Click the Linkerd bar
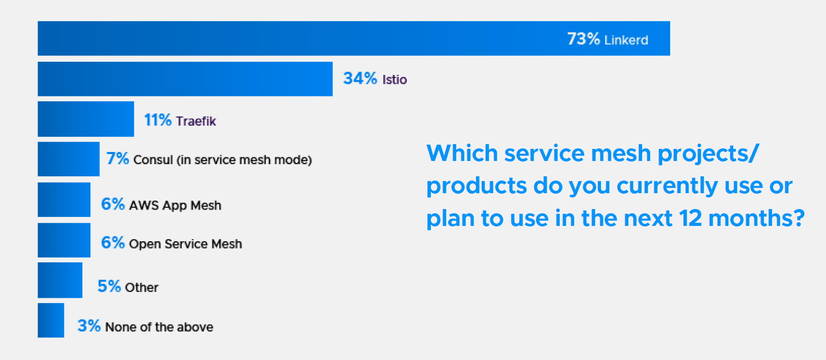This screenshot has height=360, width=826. click(x=317, y=39)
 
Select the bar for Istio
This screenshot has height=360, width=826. click(x=185, y=79)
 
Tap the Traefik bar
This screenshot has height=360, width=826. click(x=86, y=119)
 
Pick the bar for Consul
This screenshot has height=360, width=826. click(x=69, y=159)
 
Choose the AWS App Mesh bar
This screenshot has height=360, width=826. click(x=64, y=200)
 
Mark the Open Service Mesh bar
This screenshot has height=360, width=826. click(x=64, y=240)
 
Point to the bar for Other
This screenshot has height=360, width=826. click(x=60, y=280)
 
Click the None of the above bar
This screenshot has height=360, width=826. click(x=51, y=320)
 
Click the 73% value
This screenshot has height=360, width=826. click(x=583, y=39)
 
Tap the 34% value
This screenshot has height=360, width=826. click(x=360, y=79)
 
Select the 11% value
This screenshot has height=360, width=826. click(x=158, y=120)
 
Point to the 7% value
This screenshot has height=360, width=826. click(x=118, y=159)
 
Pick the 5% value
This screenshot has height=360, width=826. click(x=109, y=287)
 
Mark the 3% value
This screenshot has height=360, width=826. click(x=89, y=326)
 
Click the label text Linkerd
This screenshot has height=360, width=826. click(x=626, y=40)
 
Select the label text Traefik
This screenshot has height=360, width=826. click(x=196, y=121)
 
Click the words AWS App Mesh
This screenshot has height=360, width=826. click(x=175, y=205)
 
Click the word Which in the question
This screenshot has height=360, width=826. click(x=461, y=154)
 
